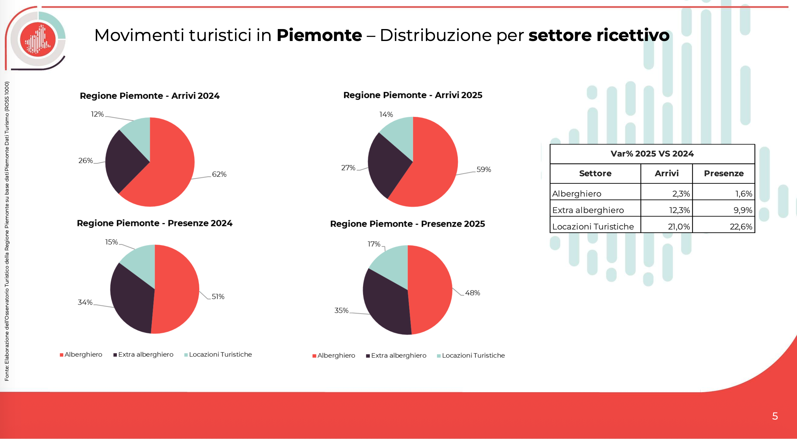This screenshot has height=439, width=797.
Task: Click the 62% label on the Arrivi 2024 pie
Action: (x=219, y=174)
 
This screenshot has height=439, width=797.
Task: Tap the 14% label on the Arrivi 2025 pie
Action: (x=386, y=115)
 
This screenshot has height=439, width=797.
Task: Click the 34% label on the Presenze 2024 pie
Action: (x=85, y=302)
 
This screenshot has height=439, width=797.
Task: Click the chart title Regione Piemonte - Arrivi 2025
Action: (x=413, y=95)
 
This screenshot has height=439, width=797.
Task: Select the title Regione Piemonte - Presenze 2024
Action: (x=154, y=223)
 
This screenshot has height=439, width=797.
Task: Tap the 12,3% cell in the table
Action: (x=679, y=210)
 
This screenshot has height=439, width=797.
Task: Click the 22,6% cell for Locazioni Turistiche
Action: (x=741, y=227)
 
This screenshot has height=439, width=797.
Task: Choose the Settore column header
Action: (x=595, y=174)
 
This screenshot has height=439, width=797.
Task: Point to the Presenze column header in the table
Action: (x=724, y=174)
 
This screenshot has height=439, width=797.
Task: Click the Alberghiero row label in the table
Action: (x=577, y=194)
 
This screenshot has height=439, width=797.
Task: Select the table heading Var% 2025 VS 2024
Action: (x=652, y=154)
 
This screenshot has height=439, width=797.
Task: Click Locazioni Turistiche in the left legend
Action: (x=220, y=354)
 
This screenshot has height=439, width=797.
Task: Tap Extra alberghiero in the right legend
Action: (x=398, y=355)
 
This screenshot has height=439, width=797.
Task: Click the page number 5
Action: (x=775, y=416)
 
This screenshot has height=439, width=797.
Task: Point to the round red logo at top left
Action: (x=38, y=39)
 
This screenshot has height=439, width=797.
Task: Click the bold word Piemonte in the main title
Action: (x=319, y=35)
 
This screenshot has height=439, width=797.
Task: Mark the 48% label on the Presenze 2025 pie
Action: (x=472, y=293)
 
